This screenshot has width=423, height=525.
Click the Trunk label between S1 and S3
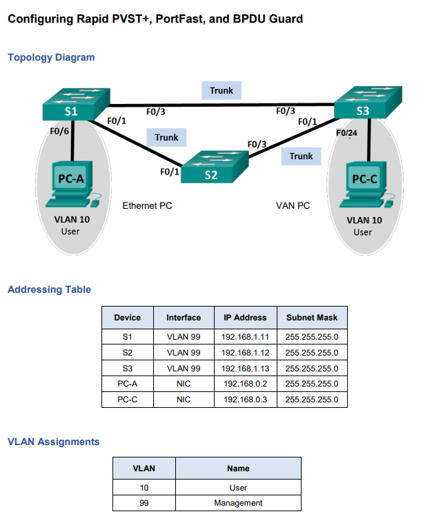222,90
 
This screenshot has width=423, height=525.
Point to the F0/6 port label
59,131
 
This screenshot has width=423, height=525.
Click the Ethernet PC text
147,205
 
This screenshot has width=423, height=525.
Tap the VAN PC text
293,205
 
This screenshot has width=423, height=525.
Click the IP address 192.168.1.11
244,338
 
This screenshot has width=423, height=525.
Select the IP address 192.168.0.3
244,399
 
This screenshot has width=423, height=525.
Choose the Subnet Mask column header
311,318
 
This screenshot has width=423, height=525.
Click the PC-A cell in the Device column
127,384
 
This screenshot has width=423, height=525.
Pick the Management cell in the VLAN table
238,503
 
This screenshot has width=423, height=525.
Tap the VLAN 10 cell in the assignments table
144,488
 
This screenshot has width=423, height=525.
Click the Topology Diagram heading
51,57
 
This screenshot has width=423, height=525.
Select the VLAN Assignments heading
53,442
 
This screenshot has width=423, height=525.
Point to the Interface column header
184,318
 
